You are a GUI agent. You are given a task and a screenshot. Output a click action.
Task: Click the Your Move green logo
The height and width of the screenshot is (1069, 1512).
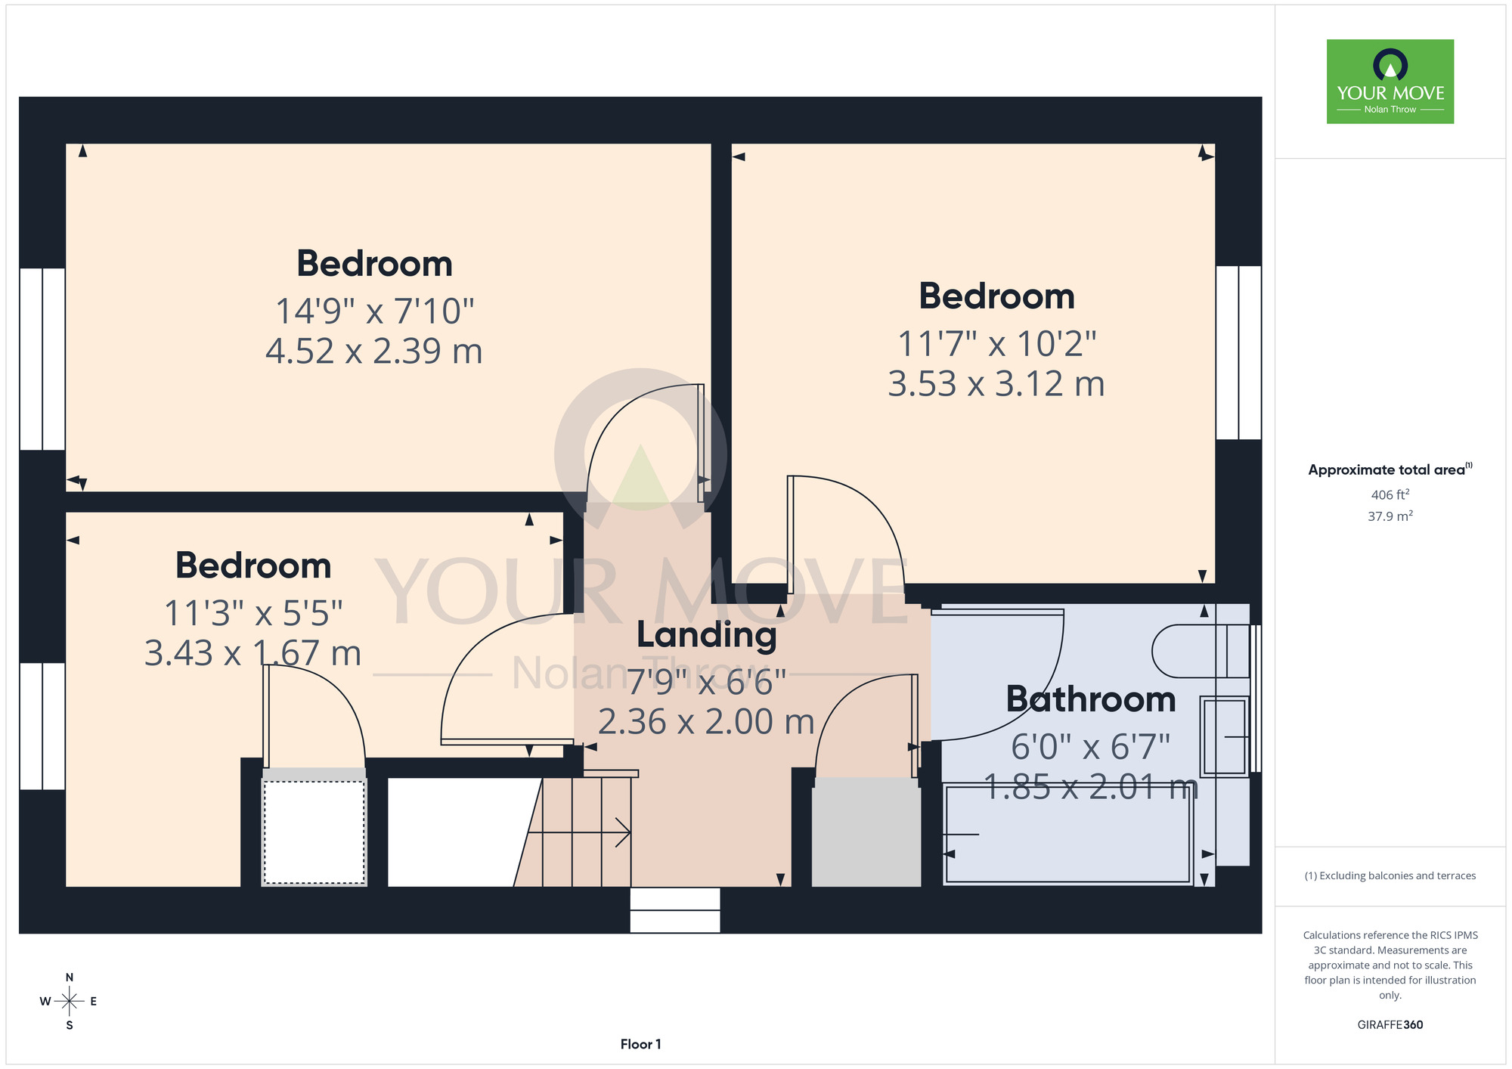coord(1390,82)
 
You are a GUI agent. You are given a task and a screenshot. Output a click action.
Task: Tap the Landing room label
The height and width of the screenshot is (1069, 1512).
coord(706,635)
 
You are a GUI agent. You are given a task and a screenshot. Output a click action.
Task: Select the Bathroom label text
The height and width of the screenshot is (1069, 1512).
coord(1090,699)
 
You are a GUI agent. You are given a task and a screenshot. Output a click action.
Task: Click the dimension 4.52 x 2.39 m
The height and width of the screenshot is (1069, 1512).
coord(374,351)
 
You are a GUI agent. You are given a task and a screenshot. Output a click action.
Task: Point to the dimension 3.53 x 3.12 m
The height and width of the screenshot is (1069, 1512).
coord(996,384)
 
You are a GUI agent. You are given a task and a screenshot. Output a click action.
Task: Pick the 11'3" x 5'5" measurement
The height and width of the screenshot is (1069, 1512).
coord(253,613)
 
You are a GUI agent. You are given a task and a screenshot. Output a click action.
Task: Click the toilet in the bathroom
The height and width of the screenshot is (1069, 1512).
coord(1200,651)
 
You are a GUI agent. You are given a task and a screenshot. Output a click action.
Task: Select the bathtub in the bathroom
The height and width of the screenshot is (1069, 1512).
coord(1067,834)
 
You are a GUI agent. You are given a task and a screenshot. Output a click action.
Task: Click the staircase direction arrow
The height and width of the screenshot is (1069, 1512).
coord(579,832)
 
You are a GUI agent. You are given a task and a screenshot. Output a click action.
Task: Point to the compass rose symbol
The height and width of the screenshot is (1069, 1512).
coord(69,1002)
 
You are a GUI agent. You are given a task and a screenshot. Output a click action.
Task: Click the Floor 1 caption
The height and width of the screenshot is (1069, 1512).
coord(640,1044)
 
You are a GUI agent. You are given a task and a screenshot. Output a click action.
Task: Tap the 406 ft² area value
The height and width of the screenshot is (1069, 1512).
coord(1390,494)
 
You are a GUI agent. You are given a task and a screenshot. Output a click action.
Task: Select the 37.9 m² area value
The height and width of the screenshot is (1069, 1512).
coord(1390,516)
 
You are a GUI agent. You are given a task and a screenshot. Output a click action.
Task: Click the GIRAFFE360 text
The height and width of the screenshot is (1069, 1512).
coord(1390,1025)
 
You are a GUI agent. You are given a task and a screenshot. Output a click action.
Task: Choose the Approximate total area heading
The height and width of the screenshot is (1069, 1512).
coord(1390,469)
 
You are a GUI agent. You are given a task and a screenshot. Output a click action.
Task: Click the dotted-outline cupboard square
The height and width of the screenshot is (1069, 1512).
coord(314,832)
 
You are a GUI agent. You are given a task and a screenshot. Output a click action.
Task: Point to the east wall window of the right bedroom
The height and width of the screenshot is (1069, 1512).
coord(1238,352)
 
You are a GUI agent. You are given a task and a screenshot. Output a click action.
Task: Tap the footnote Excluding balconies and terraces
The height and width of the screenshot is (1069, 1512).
coord(1390,875)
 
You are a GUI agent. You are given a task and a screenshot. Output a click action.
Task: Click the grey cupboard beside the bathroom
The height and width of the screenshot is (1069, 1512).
coord(866,832)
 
